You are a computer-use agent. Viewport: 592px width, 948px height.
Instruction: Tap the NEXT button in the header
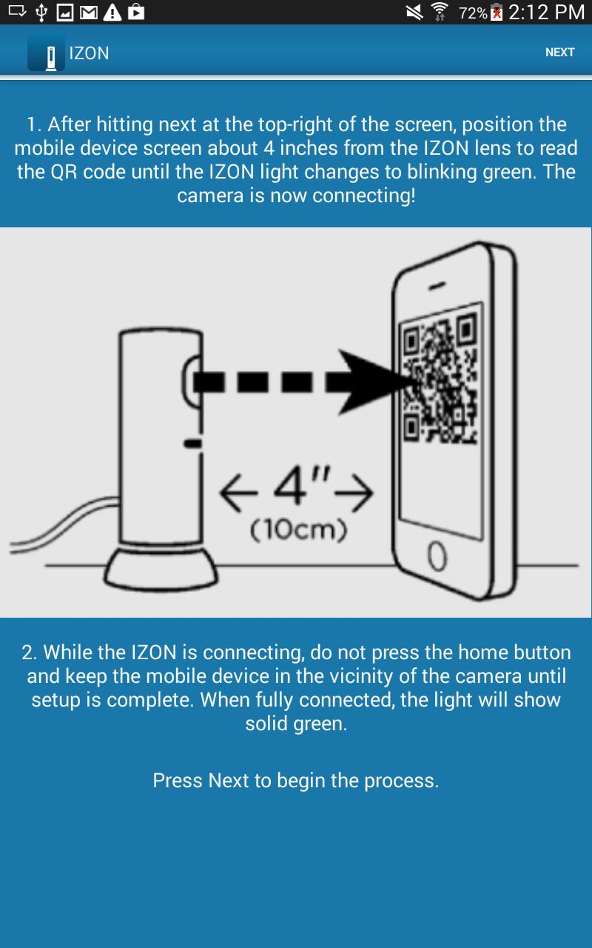[x=559, y=53]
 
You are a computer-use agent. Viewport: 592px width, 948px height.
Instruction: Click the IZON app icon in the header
[x=46, y=53]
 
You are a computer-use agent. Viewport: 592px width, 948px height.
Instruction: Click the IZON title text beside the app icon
[x=90, y=53]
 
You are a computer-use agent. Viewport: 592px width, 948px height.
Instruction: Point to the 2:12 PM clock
[x=546, y=12]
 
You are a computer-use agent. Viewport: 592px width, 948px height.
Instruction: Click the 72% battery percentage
[x=473, y=13]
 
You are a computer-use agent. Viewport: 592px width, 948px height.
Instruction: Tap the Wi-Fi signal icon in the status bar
[x=440, y=12]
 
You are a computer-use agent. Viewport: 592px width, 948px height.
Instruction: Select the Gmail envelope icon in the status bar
[x=89, y=13]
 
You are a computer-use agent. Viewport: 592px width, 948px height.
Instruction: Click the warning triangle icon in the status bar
[x=112, y=13]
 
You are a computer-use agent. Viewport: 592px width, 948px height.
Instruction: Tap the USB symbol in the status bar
[x=41, y=13]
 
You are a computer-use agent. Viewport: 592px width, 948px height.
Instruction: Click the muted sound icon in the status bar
[x=414, y=13]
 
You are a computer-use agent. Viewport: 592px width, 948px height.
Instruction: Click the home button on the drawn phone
[x=437, y=555]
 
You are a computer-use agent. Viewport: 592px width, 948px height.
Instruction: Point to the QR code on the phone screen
[x=440, y=380]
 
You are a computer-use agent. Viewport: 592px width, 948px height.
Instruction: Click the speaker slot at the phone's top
[x=437, y=286]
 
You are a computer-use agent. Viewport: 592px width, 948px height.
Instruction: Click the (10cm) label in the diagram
[x=298, y=530]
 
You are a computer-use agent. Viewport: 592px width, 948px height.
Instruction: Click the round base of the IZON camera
[x=161, y=568]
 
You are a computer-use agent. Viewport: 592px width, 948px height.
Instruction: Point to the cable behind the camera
[x=64, y=525]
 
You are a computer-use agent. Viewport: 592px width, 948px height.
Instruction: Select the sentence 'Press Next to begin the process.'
[x=296, y=781]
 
